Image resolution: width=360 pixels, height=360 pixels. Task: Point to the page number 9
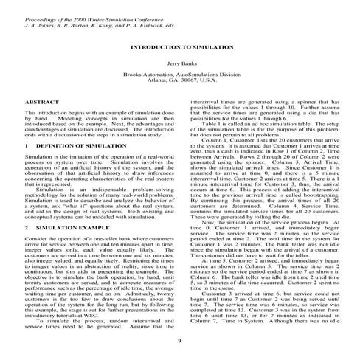tap(180, 340)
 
